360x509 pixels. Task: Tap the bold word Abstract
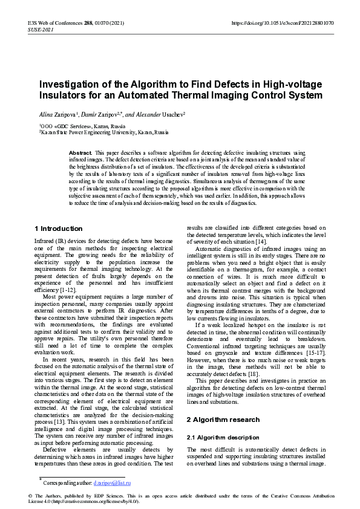80,154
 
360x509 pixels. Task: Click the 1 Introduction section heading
59,229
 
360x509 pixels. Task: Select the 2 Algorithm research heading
223,419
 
